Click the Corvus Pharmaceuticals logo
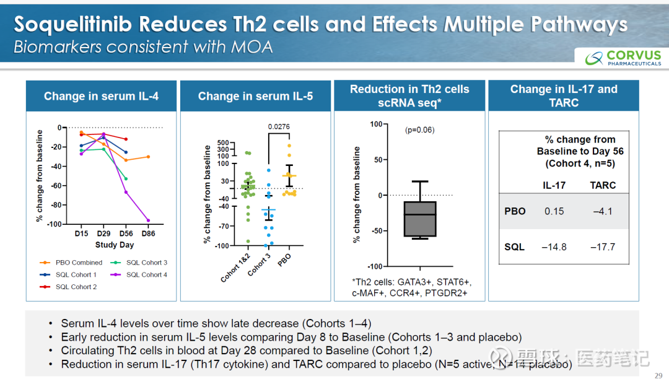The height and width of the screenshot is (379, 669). pos(623,58)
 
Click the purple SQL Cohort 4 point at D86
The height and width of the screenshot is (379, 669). pos(148,220)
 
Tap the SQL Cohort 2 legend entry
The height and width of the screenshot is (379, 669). pos(76,287)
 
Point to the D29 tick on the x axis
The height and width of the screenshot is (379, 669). pos(103,234)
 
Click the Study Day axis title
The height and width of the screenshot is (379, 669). pos(115,245)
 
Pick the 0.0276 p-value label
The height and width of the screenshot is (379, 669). pos(278,127)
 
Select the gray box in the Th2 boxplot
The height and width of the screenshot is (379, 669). pos(419,219)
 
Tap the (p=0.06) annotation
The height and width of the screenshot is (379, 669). pos(419,130)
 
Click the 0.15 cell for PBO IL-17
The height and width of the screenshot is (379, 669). pos(554,211)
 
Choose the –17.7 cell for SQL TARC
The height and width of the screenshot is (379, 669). pos(603,246)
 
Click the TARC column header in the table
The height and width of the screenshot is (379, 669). pos(603,185)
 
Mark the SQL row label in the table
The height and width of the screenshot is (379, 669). pos(514,246)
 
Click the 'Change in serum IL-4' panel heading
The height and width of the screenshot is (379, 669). pos(101,96)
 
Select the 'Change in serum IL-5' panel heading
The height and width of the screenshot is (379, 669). pos(255,96)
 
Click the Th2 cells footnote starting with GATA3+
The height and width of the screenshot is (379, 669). pos(408,287)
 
